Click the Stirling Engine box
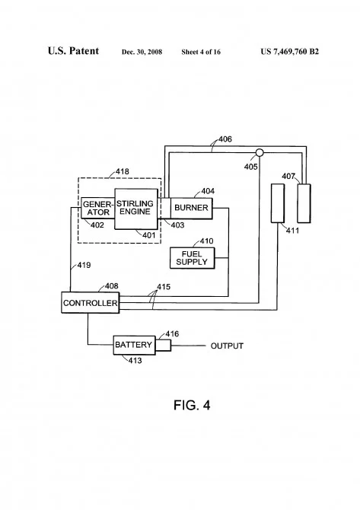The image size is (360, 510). pyautogui.click(x=136, y=209)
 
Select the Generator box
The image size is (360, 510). pyautogui.click(x=98, y=208)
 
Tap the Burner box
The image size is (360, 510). pyautogui.click(x=192, y=208)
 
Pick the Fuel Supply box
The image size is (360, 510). pyautogui.click(x=193, y=258)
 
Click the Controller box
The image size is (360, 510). pyautogui.click(x=91, y=303)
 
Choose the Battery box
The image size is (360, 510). pyautogui.click(x=134, y=345)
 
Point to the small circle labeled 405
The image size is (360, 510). pyautogui.click(x=260, y=152)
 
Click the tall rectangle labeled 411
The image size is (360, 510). pyautogui.click(x=278, y=203)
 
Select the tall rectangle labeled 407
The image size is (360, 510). pyautogui.click(x=304, y=203)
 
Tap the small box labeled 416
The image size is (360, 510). pyautogui.click(x=163, y=346)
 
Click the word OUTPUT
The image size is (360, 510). pyautogui.click(x=227, y=346)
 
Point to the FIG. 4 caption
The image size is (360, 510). pyautogui.click(x=192, y=405)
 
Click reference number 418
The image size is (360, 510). pyautogui.click(x=123, y=171)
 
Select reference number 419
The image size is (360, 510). pyautogui.click(x=84, y=265)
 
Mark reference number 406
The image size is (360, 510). pyautogui.click(x=225, y=139)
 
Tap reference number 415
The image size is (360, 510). pyautogui.click(x=164, y=286)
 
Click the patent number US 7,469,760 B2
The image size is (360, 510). pyautogui.click(x=289, y=52)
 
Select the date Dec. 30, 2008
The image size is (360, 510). pyautogui.click(x=142, y=52)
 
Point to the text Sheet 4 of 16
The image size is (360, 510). pyautogui.click(x=201, y=52)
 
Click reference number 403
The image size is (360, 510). pyautogui.click(x=177, y=225)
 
